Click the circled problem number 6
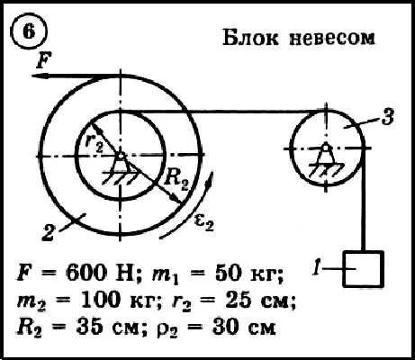[x=29, y=31]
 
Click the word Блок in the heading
[x=250, y=38]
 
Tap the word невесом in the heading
[x=332, y=38]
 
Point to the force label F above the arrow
[x=44, y=60]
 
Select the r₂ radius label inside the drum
[x=94, y=141]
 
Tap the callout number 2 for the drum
[x=49, y=233]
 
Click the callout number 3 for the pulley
[x=388, y=117]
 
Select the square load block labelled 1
[x=363, y=269]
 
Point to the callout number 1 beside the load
[x=317, y=268]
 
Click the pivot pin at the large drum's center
[x=121, y=156]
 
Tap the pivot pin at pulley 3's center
[x=325, y=148]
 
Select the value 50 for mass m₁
[x=228, y=274]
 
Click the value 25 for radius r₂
[x=238, y=301]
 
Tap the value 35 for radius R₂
[x=89, y=327]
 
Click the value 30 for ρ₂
[x=226, y=327]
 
